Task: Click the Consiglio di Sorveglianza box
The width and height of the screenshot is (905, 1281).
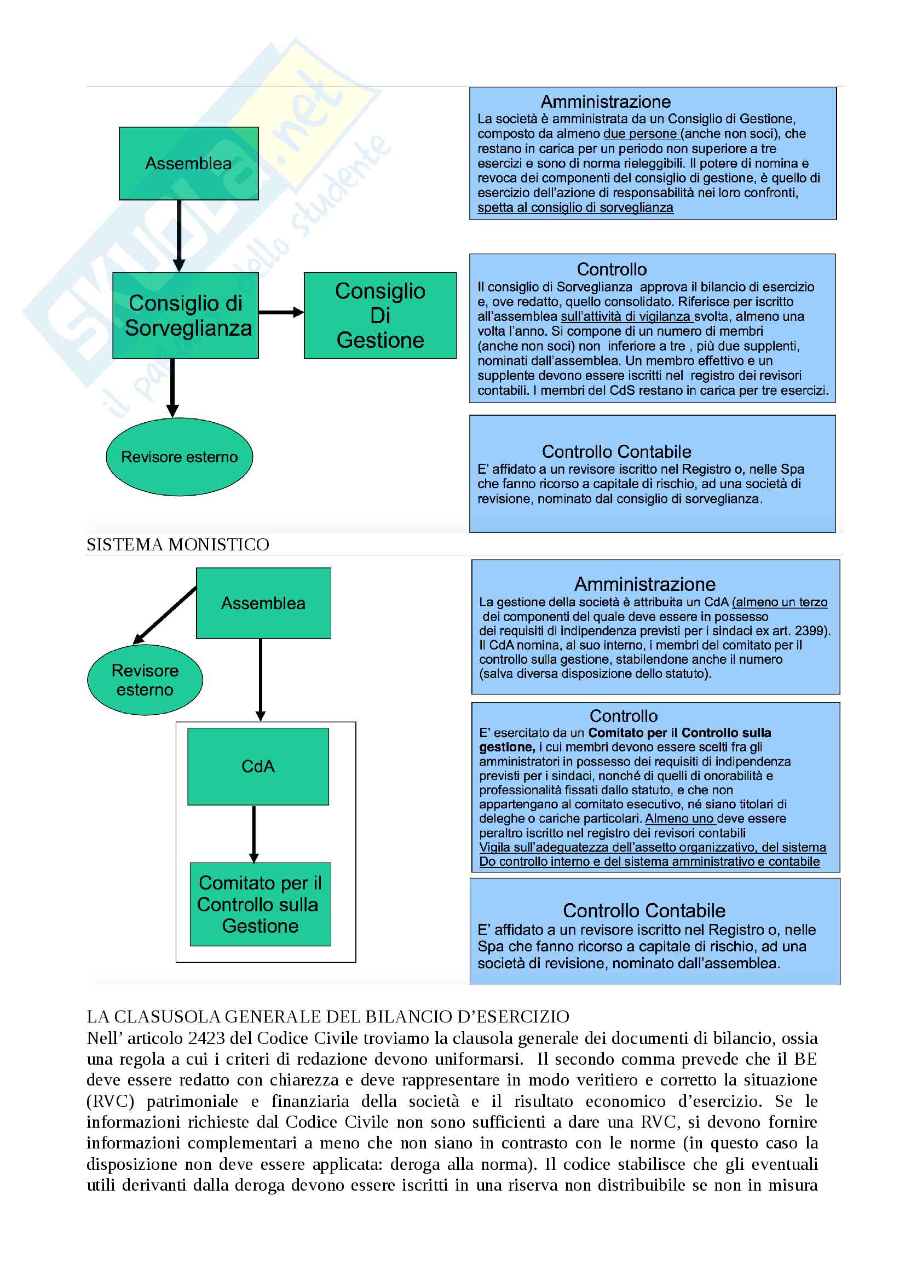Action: pyautogui.click(x=185, y=315)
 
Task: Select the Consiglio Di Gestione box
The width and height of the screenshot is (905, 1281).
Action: pyautogui.click(x=380, y=315)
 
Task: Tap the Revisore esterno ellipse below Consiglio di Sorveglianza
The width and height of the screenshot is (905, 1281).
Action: pyautogui.click(x=179, y=457)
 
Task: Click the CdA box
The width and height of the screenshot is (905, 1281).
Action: pyautogui.click(x=258, y=766)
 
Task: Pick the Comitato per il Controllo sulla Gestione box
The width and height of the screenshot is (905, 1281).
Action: pyautogui.click(x=260, y=904)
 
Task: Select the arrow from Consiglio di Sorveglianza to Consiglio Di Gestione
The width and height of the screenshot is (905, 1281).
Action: pyautogui.click(x=281, y=312)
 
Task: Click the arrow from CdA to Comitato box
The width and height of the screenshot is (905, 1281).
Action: pyautogui.click(x=253, y=834)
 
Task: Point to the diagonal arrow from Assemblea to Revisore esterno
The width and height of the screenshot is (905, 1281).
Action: pyautogui.click(x=165, y=615)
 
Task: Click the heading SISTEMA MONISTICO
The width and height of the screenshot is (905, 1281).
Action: pyautogui.click(x=177, y=544)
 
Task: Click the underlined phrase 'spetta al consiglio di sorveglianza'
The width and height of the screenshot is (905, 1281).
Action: pyautogui.click(x=575, y=208)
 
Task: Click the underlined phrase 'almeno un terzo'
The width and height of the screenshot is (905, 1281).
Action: pyautogui.click(x=781, y=602)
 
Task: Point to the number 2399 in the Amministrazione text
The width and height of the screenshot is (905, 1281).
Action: pyautogui.click(x=809, y=631)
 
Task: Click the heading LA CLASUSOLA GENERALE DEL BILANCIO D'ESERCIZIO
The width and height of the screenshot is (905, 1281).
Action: pyautogui.click(x=328, y=1016)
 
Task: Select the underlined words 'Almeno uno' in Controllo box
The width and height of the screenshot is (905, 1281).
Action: pyautogui.click(x=679, y=818)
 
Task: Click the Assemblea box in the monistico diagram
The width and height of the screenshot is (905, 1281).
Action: pyautogui.click(x=263, y=603)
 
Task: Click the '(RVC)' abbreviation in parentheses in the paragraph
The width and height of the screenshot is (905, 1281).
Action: pyautogui.click(x=111, y=1101)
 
